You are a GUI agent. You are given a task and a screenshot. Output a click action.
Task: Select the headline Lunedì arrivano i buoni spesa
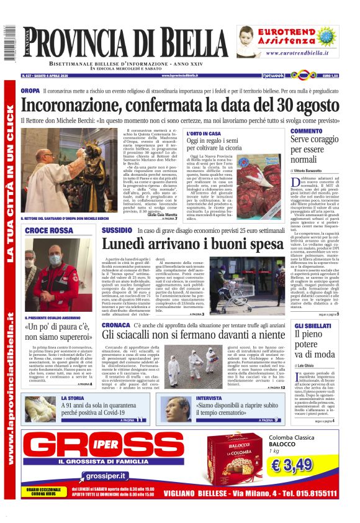[x=197, y=244]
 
